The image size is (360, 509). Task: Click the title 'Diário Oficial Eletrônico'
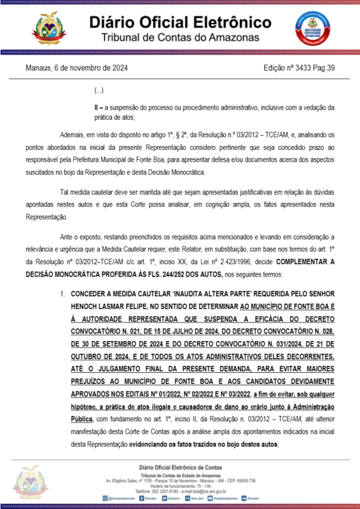coord(180,22)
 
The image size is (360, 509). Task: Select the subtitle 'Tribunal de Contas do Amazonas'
coord(180,37)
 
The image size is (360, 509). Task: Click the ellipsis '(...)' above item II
coord(99,91)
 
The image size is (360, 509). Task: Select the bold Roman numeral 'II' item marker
coord(97,107)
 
